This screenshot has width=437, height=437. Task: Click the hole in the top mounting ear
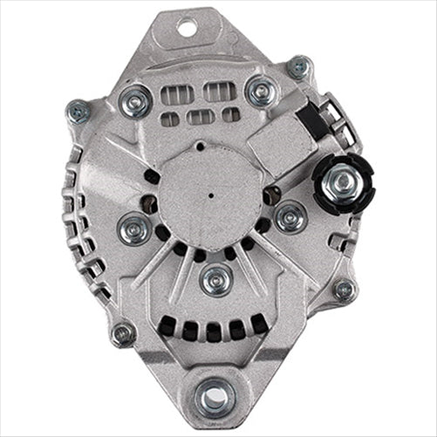(186, 28)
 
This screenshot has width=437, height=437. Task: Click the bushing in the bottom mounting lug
(212, 398)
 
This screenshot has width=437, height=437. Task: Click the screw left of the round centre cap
(133, 229)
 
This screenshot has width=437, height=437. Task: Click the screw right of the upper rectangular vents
(260, 90)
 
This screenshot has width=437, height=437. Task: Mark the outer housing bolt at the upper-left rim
(78, 112)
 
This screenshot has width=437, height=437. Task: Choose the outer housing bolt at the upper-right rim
(299, 66)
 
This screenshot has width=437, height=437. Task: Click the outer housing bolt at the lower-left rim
(123, 332)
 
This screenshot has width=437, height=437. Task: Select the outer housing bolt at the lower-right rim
(345, 290)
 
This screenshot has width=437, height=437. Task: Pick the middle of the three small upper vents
(201, 117)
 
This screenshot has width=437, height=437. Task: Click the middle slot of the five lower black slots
(213, 332)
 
